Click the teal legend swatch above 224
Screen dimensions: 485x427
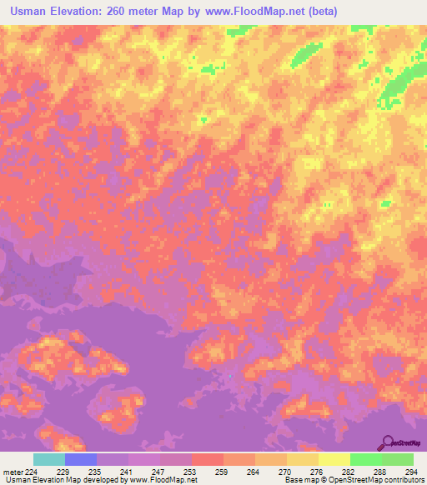(48, 459)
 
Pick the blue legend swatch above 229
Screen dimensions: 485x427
(80, 459)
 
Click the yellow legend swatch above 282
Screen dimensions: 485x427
(334, 459)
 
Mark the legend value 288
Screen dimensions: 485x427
(379, 471)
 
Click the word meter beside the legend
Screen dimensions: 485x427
(13, 471)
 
